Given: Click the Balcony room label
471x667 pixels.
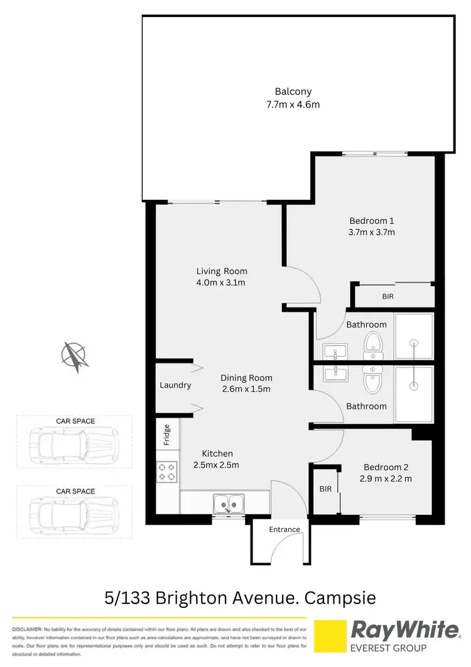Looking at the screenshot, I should point(293,91).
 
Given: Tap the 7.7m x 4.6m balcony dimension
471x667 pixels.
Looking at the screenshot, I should point(293,104).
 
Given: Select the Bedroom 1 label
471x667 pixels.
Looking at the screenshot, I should point(372,221).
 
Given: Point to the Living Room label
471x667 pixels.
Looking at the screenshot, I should point(222,271).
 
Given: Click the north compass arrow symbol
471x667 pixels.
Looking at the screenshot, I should point(75,355).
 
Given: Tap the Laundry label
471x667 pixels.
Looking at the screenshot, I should point(175,385).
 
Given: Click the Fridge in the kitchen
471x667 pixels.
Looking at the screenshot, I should point(167,434).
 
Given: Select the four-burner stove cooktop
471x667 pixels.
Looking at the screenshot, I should point(167,471).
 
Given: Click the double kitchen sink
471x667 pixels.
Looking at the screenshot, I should point(227,504).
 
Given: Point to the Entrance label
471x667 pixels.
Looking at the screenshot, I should point(284,529).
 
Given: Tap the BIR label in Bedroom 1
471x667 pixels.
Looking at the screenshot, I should point(387,295).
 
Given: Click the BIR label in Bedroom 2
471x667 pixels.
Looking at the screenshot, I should point(325,488).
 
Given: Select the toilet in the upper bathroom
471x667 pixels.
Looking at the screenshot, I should point(373,345).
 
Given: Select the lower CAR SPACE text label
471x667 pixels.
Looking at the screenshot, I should point(75,491).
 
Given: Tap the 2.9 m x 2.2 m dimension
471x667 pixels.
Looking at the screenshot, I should point(386,479).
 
